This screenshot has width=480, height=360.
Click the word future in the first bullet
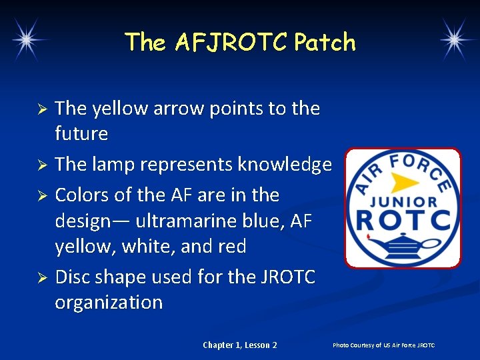pos(81,134)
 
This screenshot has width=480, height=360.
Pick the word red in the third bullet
pos(231,247)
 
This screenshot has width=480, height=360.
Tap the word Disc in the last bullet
pos(75,276)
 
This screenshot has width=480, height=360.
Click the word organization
pos(109,302)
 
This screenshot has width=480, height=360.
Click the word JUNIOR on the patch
pos(403,201)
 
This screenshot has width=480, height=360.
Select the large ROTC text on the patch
pos(403,219)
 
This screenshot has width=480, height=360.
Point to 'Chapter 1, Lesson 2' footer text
pos(240,345)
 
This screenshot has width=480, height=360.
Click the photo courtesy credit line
pos(383,345)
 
